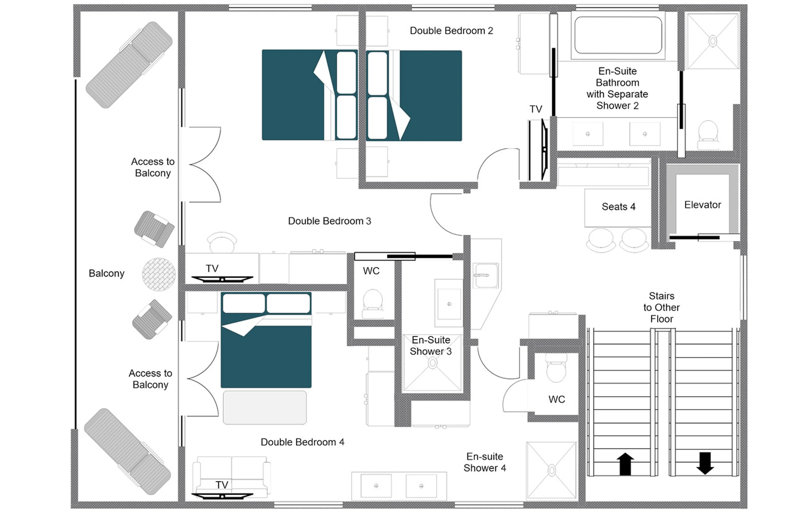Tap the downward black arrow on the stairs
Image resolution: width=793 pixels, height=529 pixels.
coord(704,463)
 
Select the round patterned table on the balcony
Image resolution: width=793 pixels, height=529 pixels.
coord(158,274)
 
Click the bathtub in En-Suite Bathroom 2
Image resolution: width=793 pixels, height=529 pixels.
coord(618,35)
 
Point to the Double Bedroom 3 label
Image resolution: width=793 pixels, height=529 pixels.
coord(329,221)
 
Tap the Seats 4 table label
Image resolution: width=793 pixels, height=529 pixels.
coord(618,207)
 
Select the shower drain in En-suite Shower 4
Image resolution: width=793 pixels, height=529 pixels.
coord(551,470)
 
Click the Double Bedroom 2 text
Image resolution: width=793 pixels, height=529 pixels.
coord(451,31)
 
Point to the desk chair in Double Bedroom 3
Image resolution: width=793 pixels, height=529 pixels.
coord(221,242)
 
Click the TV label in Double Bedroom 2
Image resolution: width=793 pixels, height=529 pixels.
coord(535,109)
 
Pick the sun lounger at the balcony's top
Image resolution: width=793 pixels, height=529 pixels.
coord(129,65)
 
